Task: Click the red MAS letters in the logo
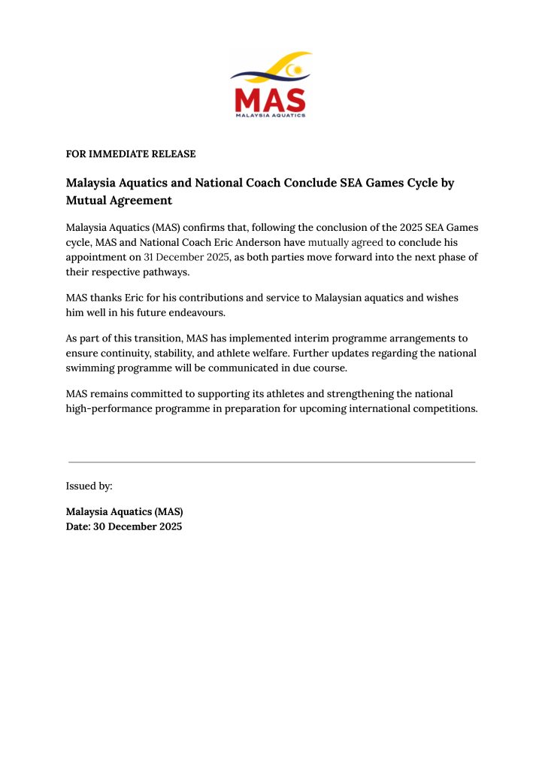click(x=270, y=99)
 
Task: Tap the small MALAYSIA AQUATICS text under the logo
click(x=270, y=116)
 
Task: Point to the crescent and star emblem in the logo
click(x=298, y=71)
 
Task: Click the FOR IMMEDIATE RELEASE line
click(x=131, y=154)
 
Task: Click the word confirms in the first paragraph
click(x=203, y=228)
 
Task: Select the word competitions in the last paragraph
click(x=444, y=408)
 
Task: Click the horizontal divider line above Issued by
click(x=271, y=462)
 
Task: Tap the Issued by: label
click(x=89, y=487)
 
